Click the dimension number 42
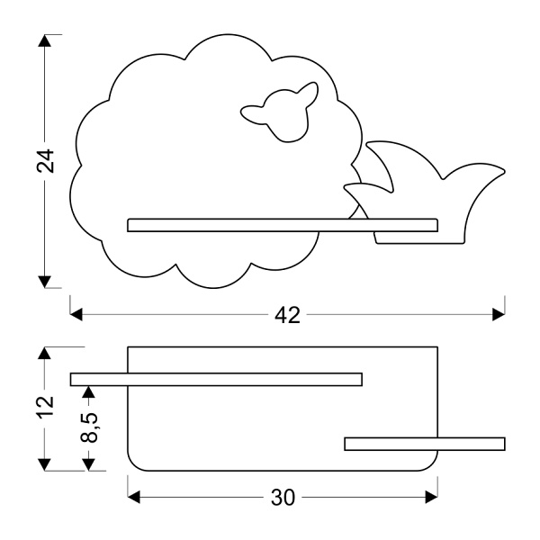click(287, 315)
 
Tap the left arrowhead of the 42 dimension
click(77, 315)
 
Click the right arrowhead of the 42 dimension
click(498, 315)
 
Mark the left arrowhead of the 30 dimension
click(135, 497)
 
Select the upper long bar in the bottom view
click(216, 379)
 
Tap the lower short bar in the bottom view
click(424, 443)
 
